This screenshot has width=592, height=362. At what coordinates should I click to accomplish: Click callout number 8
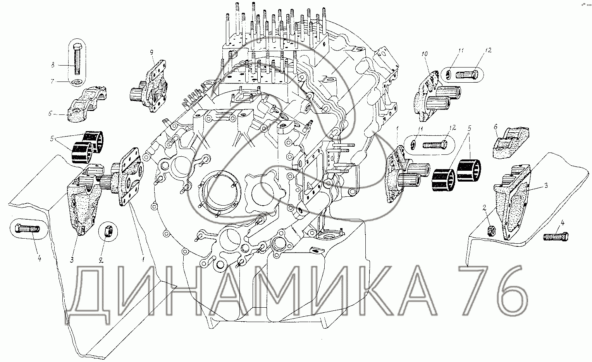(x=53, y=65)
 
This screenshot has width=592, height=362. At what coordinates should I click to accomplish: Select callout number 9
(x=151, y=52)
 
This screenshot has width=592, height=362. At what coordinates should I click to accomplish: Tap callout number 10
(x=424, y=54)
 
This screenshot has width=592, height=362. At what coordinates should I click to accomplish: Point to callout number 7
(x=52, y=81)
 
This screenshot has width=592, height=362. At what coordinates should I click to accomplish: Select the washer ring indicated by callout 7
(x=77, y=83)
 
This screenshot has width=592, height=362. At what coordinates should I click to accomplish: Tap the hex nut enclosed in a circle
(x=108, y=232)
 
